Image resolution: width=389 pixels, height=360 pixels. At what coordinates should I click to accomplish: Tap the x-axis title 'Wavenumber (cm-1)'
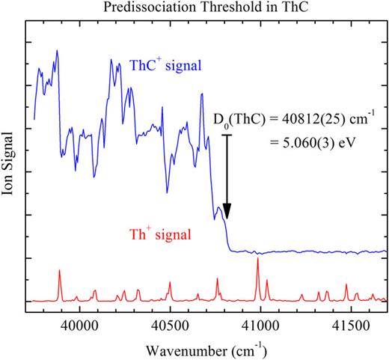pos(204,349)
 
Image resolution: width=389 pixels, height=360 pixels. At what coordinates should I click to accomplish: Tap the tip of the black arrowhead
pos(227,220)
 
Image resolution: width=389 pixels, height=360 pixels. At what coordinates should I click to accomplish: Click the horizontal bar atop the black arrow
pos(227,135)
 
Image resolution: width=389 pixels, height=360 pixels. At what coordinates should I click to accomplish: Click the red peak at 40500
pos(170,282)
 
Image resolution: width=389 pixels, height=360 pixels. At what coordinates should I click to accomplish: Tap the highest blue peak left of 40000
pos(57,51)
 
